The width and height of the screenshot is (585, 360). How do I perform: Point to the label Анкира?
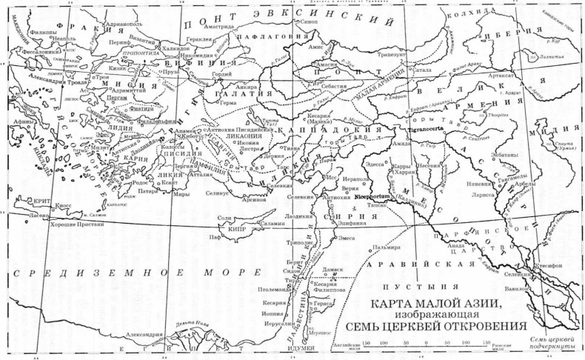(249, 87)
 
